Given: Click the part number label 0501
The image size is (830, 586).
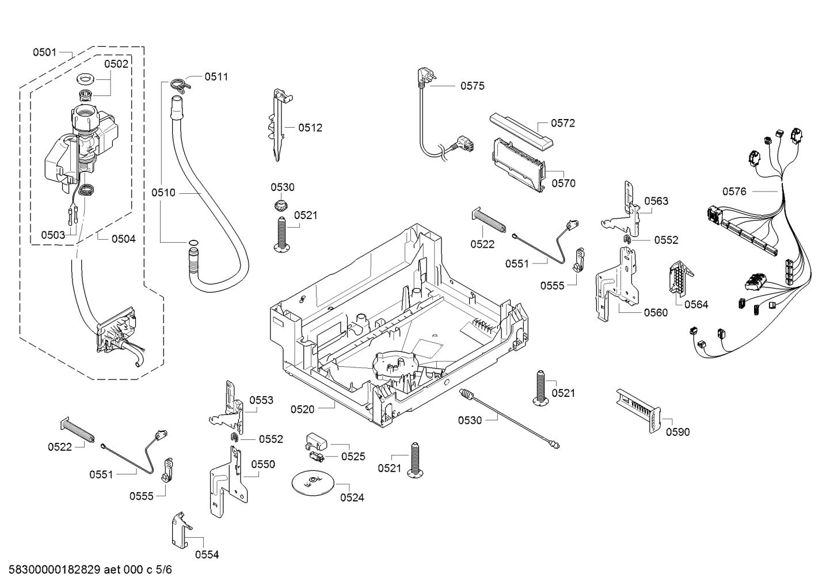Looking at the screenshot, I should tap(44, 52).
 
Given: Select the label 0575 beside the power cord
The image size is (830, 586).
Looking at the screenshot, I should tap(472, 86).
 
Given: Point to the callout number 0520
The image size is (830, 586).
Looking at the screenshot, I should tap(302, 409).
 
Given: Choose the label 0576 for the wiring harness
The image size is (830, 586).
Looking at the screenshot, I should tap(734, 191).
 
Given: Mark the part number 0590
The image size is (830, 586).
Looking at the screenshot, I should tap(677, 432).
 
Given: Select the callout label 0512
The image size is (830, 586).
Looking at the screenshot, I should tap(310, 128).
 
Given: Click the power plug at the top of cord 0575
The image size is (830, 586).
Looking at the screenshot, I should tap(420, 77).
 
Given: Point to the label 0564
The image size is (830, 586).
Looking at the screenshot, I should tap(696, 304).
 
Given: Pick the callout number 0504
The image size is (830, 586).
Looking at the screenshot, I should tap(123, 239).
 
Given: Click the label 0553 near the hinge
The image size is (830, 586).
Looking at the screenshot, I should tap(261, 400).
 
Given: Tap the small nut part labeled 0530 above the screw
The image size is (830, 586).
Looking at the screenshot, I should tap(281, 205).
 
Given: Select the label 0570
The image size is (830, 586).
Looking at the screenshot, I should tap(563, 183).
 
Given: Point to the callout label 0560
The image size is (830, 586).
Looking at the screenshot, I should tap(656, 312).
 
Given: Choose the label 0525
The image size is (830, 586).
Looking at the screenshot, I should tap(353, 457).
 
